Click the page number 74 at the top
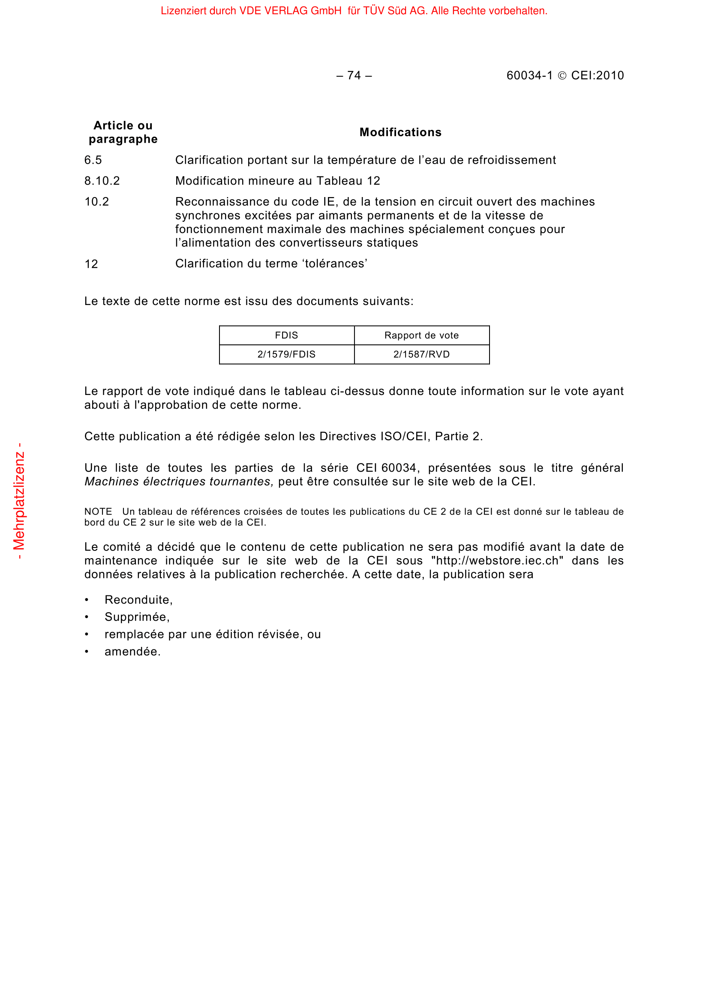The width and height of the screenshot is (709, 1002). pyautogui.click(x=354, y=75)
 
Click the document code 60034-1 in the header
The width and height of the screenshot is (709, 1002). pyautogui.click(x=529, y=75)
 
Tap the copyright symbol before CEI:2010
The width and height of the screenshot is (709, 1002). pyautogui.click(x=562, y=76)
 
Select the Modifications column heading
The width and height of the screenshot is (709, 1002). pyautogui.click(x=400, y=132)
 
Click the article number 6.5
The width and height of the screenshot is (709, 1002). pyautogui.click(x=93, y=160)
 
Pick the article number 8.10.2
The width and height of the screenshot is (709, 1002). pyautogui.click(x=102, y=181)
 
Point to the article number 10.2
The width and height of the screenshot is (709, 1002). pyautogui.click(x=96, y=202)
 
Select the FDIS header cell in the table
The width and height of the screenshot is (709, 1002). pyautogui.click(x=286, y=335)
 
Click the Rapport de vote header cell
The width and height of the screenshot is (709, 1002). pyautogui.click(x=421, y=335)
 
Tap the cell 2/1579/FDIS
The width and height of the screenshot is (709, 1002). pyautogui.click(x=286, y=354)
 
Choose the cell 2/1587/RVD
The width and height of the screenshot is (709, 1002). pyautogui.click(x=421, y=354)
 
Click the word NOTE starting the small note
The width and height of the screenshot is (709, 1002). pyautogui.click(x=98, y=511)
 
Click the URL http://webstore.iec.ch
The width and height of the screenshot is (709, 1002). pyautogui.click(x=497, y=561)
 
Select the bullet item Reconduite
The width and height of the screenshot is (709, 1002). pyautogui.click(x=138, y=600)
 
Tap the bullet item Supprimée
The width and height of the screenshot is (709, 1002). pyautogui.click(x=137, y=617)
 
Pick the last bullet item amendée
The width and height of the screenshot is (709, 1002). pyautogui.click(x=132, y=652)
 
